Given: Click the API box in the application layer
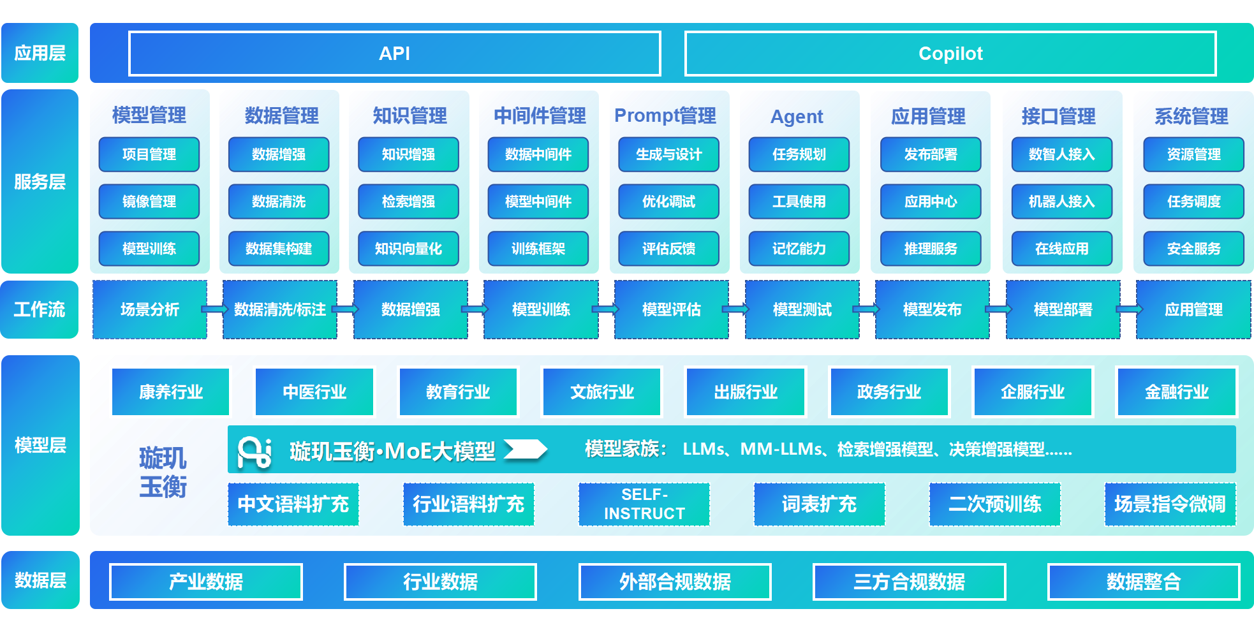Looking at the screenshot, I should pos(394,54).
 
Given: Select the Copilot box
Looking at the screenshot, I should pos(950,54).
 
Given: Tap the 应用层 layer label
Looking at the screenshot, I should pos(40,53).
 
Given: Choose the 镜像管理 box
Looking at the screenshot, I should pos(149,202).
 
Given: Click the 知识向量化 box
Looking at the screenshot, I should pos(408,249).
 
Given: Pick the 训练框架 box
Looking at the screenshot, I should pos(538,249).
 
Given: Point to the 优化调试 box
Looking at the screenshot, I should pos(668,202).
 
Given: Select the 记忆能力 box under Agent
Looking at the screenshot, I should pos(799,249).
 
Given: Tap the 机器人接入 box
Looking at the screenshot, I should pos(1061,202).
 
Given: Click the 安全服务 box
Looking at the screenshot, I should pos(1193,249).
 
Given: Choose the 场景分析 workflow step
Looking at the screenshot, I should pos(150,309).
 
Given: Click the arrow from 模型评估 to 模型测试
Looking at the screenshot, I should pos(736,309).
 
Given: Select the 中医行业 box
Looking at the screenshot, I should pos(314,392).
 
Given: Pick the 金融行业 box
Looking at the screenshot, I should pos(1176,392).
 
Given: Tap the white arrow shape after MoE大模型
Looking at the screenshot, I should pos(526,450).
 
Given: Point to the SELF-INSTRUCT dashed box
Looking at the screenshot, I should pos(644,504).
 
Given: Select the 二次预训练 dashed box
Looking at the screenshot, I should pos(994,504).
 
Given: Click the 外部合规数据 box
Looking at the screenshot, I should pos(675,582).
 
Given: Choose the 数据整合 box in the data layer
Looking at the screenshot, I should pos(1143,582).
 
